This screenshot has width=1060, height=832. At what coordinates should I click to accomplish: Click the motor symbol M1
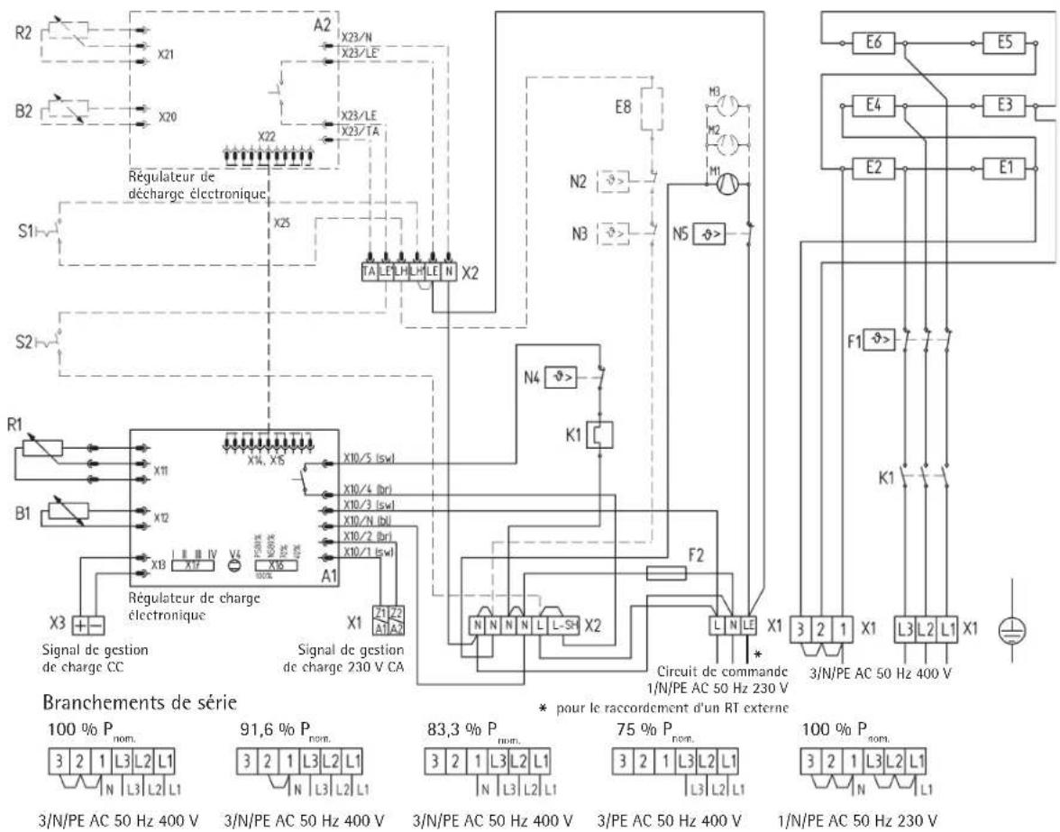[728, 184]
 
